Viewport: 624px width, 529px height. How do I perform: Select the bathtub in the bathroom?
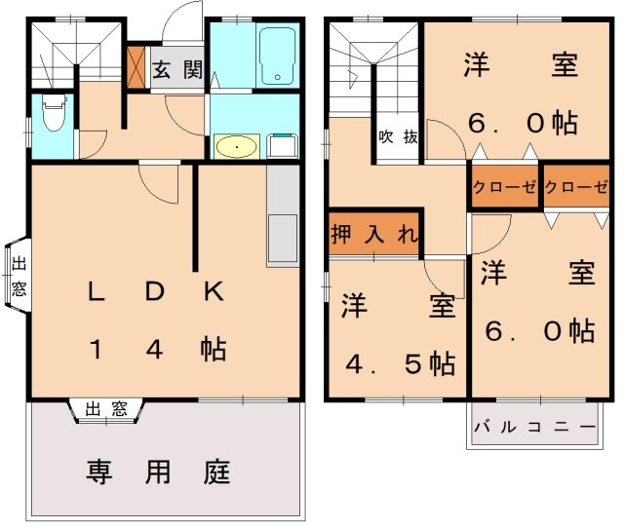click(279, 56)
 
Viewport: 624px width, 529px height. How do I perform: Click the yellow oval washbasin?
click(235, 147)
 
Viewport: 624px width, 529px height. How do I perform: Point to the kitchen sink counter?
click(281, 215)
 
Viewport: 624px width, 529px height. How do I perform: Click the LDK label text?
click(156, 290)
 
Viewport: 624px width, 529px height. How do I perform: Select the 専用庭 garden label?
click(157, 473)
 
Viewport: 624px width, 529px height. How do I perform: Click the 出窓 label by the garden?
click(106, 409)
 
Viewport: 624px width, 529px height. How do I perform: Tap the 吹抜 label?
click(399, 136)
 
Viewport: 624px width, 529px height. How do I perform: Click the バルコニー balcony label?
click(534, 428)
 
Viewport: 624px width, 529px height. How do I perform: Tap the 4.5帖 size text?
click(401, 364)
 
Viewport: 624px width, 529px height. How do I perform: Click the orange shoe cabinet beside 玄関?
click(136, 64)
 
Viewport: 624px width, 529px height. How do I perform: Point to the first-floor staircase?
click(59, 55)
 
